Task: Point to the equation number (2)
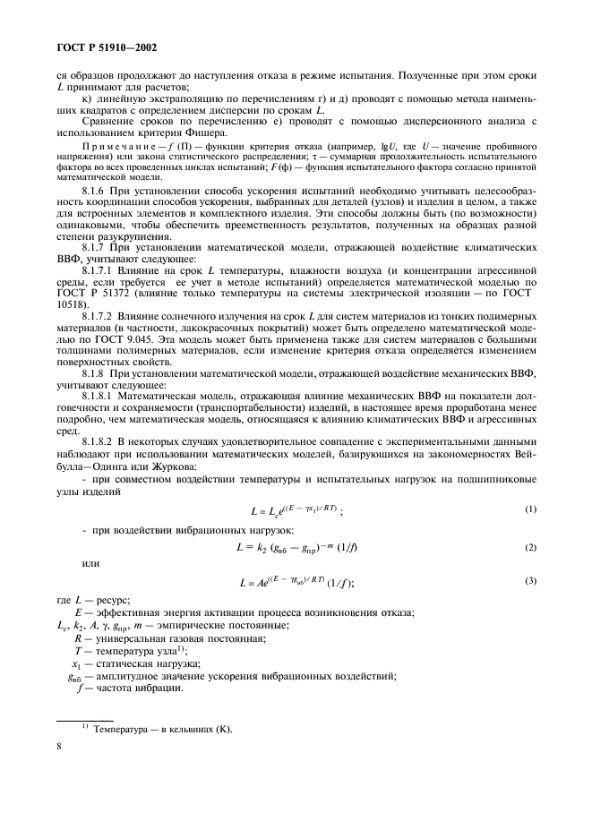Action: tap(530, 546)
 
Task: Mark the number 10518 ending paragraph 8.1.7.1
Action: tap(74, 303)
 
